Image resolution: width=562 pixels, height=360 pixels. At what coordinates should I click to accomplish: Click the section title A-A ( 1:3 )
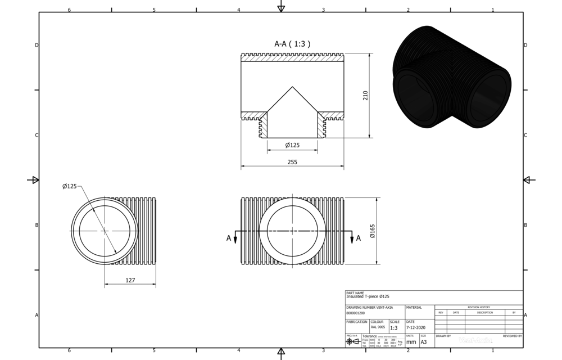[x=292, y=43]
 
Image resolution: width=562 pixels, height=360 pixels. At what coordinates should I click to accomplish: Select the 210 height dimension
[x=365, y=95]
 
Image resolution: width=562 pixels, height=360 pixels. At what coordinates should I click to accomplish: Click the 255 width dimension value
[x=292, y=161]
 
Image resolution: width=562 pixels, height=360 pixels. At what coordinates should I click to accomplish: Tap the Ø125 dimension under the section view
[x=292, y=145]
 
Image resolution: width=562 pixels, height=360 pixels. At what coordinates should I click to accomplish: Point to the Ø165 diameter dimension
[x=372, y=231]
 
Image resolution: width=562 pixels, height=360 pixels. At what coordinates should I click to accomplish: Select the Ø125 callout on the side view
[x=70, y=186]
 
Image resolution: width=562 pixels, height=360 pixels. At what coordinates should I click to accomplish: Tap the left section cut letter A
[x=229, y=238]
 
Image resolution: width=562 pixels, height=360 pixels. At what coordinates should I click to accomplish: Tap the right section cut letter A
[x=359, y=238]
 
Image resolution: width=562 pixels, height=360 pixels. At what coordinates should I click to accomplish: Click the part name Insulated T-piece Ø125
[x=368, y=296]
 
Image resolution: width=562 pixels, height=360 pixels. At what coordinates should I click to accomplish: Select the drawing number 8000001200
[x=356, y=312]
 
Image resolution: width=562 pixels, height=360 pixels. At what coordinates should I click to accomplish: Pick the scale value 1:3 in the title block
[x=394, y=327]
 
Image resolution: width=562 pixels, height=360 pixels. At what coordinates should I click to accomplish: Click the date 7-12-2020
[x=416, y=327]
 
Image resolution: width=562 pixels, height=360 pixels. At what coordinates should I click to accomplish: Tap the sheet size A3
[x=424, y=341]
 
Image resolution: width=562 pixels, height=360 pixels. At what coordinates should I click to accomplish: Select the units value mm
[x=411, y=341]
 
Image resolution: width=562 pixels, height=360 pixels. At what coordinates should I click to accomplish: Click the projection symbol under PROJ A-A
[x=352, y=341]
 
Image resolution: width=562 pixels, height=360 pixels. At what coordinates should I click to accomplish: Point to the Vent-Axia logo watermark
[x=475, y=340]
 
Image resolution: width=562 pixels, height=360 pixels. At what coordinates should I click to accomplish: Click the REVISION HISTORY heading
[x=479, y=307]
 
